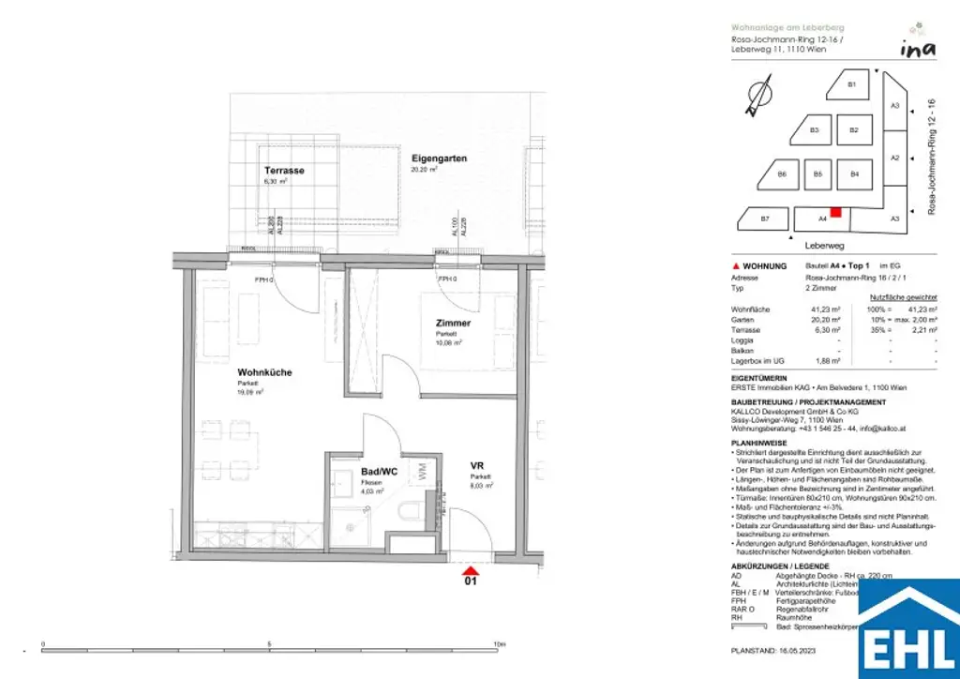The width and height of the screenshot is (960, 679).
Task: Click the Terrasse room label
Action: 284,170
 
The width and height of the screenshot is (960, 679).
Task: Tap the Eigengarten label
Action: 439,158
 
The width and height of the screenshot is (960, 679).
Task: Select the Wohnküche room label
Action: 264,372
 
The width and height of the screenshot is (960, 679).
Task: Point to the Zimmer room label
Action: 453,324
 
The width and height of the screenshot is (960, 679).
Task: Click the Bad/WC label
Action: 380,472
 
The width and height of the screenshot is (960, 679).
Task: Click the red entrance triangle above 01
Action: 472,567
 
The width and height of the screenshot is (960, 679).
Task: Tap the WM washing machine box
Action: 422,472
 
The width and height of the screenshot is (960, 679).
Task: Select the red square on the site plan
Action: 835,213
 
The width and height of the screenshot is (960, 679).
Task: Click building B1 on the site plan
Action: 852,85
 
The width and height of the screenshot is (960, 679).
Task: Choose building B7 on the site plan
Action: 764,219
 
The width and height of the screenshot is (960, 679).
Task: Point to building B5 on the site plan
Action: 817,174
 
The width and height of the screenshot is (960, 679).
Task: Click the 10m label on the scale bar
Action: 499,644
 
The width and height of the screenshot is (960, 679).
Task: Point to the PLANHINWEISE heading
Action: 760,441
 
